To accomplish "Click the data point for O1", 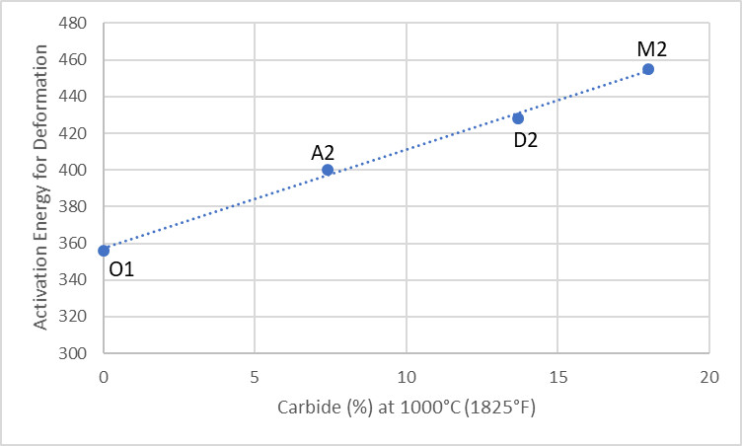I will click(x=104, y=251).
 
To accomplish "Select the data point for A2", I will click(x=328, y=170).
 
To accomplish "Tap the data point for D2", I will click(x=518, y=118).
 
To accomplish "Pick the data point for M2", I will click(x=648, y=69).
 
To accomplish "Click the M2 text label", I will click(x=659, y=47).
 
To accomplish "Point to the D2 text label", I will click(x=526, y=140).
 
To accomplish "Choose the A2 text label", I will click(x=324, y=153).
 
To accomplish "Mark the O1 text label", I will click(x=121, y=268).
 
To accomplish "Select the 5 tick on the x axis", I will click(x=255, y=377).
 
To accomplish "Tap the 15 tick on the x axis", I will click(x=557, y=377).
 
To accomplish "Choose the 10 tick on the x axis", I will click(x=406, y=377).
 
